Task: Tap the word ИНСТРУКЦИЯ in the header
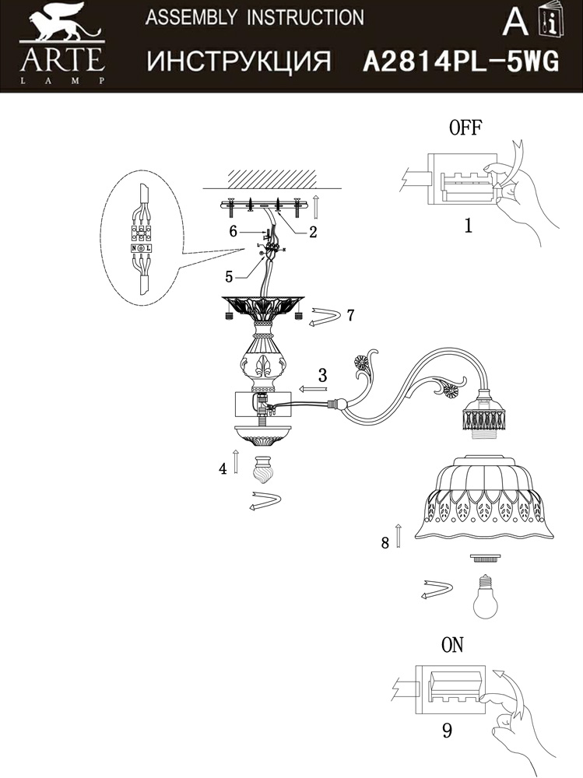(239, 61)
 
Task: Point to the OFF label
(465, 129)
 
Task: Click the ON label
(452, 645)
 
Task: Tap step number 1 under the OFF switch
(468, 226)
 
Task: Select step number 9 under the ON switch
(446, 731)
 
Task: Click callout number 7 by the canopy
(350, 315)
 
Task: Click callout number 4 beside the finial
(223, 468)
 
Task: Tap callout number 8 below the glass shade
(385, 543)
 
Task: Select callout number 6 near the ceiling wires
(232, 231)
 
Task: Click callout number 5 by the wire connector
(229, 275)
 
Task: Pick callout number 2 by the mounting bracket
(312, 231)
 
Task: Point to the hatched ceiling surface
(265, 178)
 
